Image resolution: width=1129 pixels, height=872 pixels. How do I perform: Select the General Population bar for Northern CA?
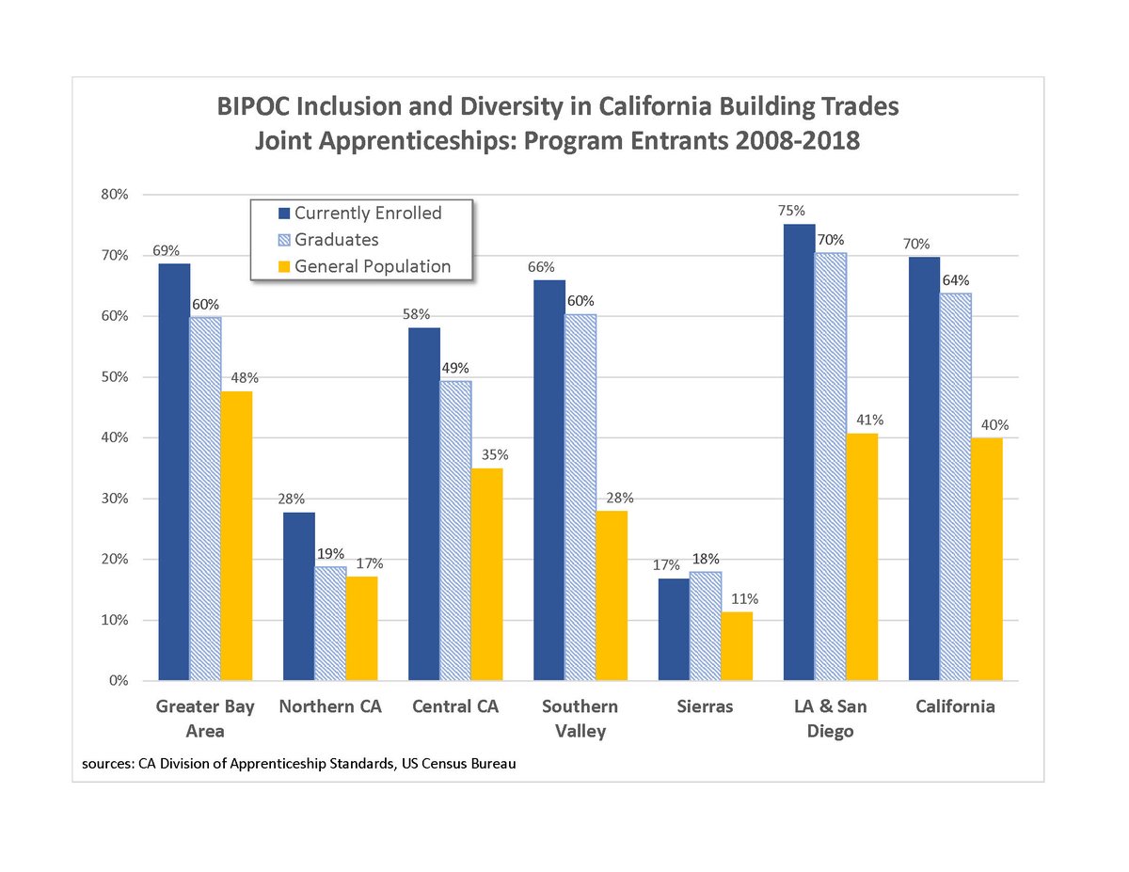click(x=361, y=628)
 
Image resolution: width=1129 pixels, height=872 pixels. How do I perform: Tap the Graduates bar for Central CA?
click(x=455, y=531)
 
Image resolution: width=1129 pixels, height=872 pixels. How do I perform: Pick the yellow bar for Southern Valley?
click(x=612, y=595)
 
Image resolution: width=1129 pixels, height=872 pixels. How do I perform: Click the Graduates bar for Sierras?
click(x=706, y=626)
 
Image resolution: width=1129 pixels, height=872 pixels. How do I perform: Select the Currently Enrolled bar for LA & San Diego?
click(x=799, y=452)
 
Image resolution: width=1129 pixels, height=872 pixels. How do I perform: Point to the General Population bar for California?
click(x=987, y=559)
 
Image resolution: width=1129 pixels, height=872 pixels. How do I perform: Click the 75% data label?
click(x=792, y=212)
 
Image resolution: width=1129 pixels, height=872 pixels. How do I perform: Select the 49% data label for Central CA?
click(x=455, y=368)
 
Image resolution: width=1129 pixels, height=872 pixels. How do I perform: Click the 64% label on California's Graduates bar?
click(x=957, y=280)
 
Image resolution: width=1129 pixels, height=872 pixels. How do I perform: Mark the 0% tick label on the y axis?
click(x=118, y=681)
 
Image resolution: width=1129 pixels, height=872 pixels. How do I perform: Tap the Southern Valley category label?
click(x=580, y=719)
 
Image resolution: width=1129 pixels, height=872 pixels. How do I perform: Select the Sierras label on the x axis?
click(x=705, y=706)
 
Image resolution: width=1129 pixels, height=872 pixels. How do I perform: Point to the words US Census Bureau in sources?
click(x=458, y=764)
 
